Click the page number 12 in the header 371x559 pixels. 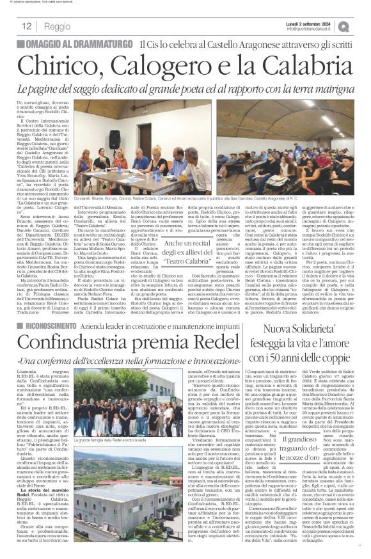tap(27, 26)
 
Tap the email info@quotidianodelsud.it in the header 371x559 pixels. tap(316, 29)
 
